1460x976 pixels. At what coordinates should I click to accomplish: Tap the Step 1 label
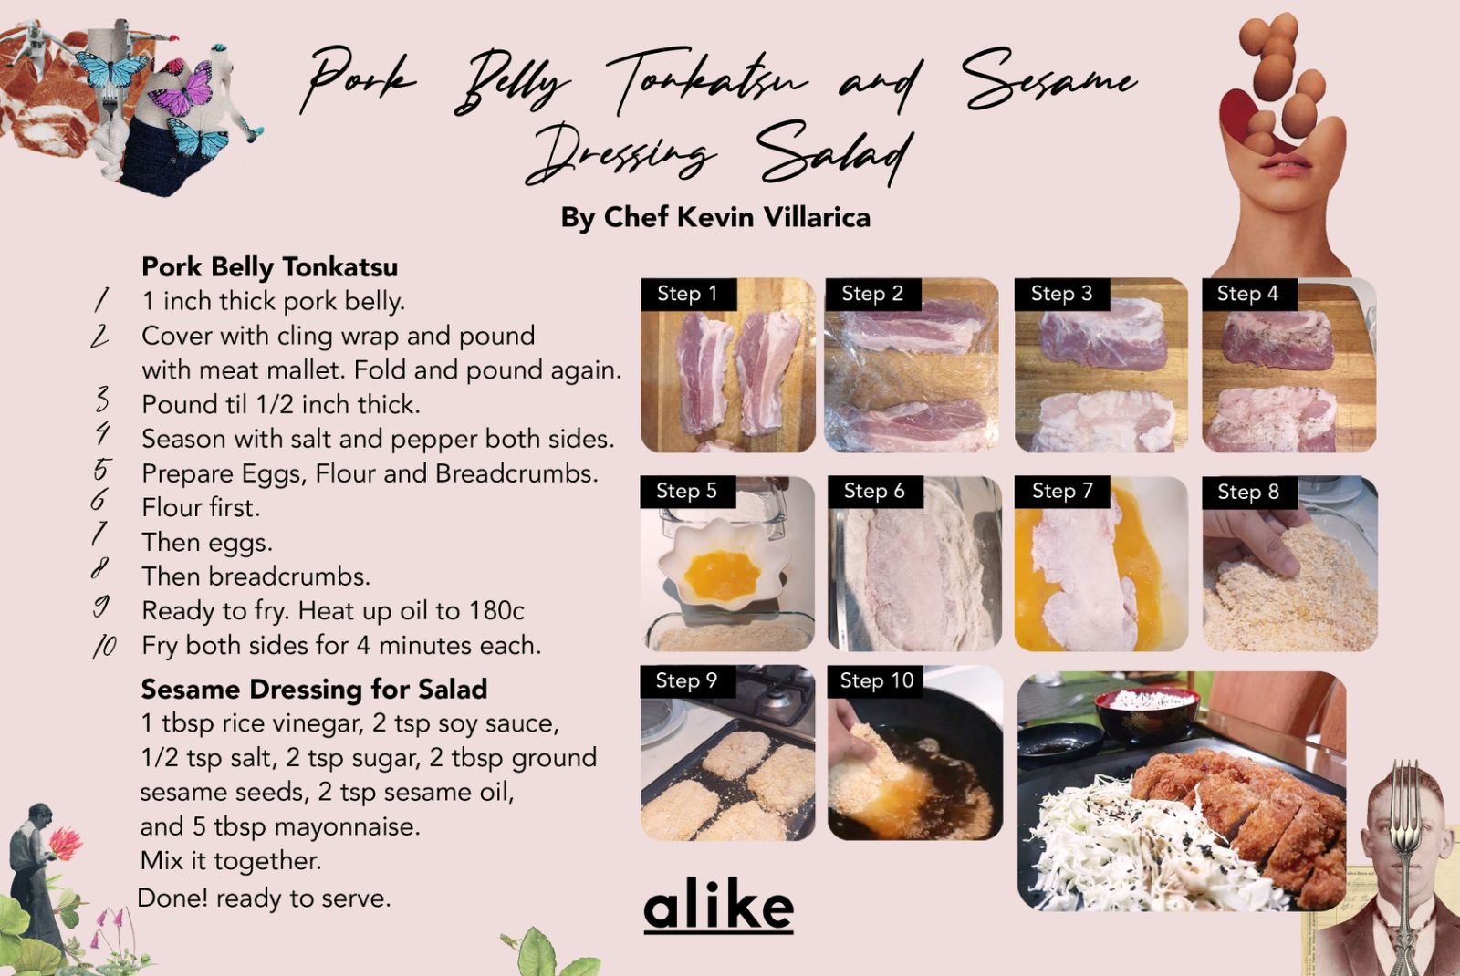pyautogui.click(x=688, y=294)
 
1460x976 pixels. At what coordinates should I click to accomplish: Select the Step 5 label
pyautogui.click(x=687, y=491)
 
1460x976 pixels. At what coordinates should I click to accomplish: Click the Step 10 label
pyautogui.click(x=876, y=680)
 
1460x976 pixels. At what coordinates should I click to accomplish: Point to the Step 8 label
pyautogui.click(x=1249, y=492)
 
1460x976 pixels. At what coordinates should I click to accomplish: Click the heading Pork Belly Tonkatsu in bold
pyautogui.click(x=270, y=267)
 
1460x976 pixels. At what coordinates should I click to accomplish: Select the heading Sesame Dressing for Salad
pyautogui.click(x=314, y=690)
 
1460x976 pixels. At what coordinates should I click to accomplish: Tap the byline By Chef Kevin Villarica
pyautogui.click(x=715, y=218)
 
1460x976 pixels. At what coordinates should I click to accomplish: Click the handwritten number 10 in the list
pyautogui.click(x=104, y=646)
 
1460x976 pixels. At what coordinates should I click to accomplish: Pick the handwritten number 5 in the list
pyautogui.click(x=101, y=470)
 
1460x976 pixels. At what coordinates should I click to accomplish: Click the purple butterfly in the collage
pyautogui.click(x=183, y=88)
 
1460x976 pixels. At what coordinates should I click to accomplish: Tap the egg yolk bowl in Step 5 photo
pyautogui.click(x=722, y=566)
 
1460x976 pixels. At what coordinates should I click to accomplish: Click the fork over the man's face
pyautogui.click(x=1405, y=860)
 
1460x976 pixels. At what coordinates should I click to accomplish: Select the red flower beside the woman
pyautogui.click(x=66, y=843)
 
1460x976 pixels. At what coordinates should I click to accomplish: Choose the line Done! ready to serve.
pyautogui.click(x=264, y=898)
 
